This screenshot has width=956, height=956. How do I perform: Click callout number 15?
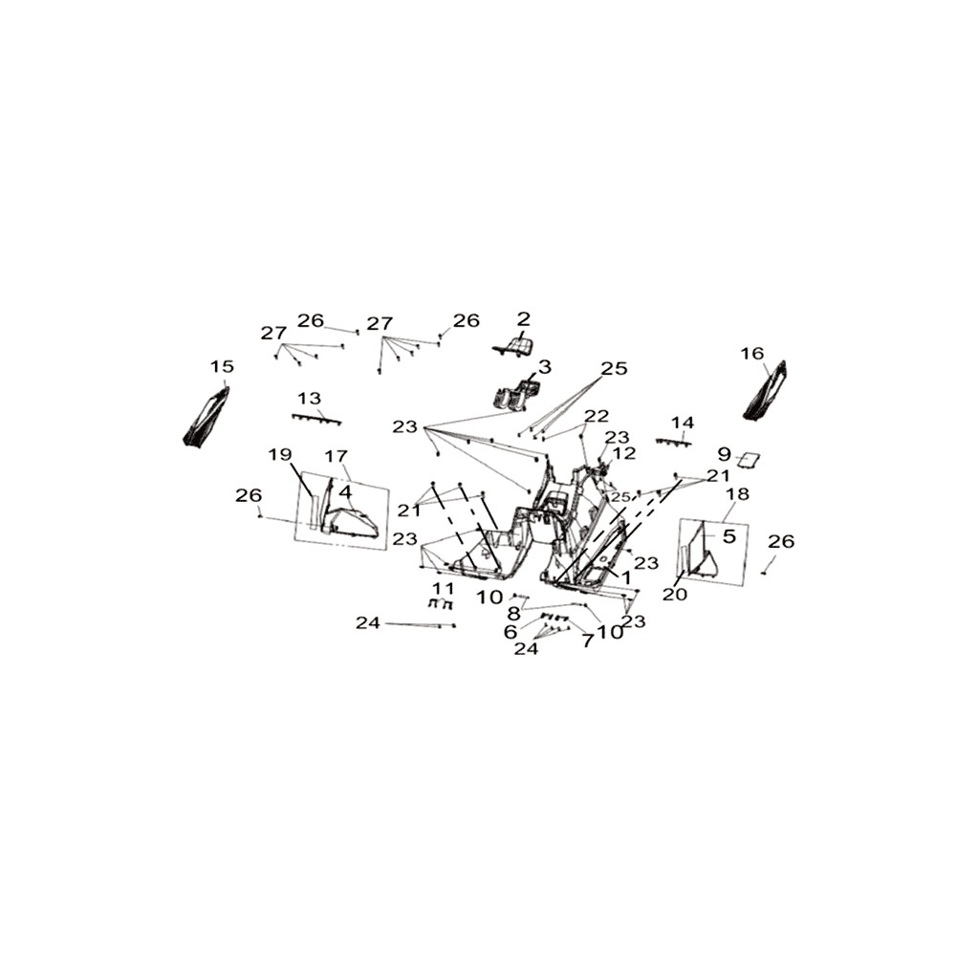click(x=222, y=366)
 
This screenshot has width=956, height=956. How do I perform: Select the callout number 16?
click(x=752, y=353)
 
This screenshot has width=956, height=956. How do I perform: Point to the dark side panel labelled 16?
click(x=765, y=390)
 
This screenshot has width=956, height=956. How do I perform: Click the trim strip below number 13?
click(x=316, y=419)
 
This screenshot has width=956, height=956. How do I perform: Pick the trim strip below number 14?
click(x=673, y=442)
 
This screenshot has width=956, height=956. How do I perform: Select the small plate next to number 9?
click(x=750, y=459)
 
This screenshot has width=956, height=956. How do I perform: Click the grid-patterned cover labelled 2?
click(x=514, y=347)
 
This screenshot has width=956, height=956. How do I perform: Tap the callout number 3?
click(x=545, y=366)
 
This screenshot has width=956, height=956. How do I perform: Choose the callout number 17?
click(x=336, y=455)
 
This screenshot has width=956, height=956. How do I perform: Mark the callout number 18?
click(x=738, y=493)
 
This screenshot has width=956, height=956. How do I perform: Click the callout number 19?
click(x=280, y=454)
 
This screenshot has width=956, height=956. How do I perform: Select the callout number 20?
click(x=674, y=594)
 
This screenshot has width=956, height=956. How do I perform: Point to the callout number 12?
click(x=623, y=453)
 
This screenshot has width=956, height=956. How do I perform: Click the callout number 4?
click(x=345, y=491)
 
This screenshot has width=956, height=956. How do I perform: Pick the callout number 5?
click(x=729, y=536)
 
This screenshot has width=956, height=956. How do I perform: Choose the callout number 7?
click(x=587, y=641)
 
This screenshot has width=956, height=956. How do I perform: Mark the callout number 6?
click(x=511, y=632)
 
